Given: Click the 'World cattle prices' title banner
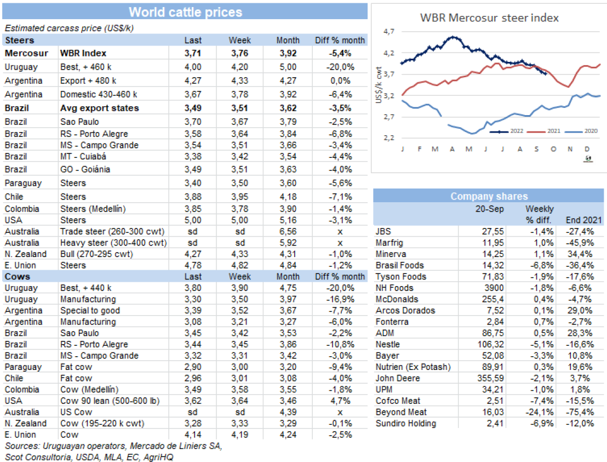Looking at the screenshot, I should (x=185, y=12).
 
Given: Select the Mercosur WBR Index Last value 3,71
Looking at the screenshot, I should (x=193, y=53).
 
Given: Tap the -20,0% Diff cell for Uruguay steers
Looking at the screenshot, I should (x=340, y=67).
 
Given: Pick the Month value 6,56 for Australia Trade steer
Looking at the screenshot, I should (x=288, y=231).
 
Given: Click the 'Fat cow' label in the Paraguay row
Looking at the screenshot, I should (x=76, y=367).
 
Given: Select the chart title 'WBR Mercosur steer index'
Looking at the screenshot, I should (x=489, y=18).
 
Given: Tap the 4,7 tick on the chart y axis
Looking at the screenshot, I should (x=389, y=32).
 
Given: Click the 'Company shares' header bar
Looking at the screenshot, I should (x=489, y=196).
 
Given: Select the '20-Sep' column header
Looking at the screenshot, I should (x=492, y=209).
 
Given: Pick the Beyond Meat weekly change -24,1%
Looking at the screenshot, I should (x=541, y=412).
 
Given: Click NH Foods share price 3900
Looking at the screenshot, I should (x=495, y=288).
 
